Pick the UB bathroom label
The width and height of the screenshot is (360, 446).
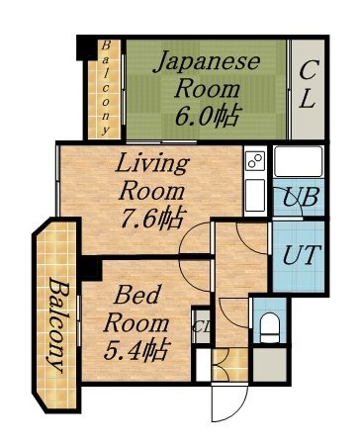[x=299, y=196]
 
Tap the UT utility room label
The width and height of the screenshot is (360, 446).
[x=300, y=252]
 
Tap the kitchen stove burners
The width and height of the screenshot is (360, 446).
[x=254, y=160]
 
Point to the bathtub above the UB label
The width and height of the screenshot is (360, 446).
[x=298, y=161]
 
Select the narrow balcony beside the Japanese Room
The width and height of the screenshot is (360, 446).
[x=104, y=89]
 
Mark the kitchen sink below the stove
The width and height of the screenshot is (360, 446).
[x=254, y=194]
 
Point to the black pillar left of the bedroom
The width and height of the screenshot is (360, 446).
[x=91, y=268]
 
